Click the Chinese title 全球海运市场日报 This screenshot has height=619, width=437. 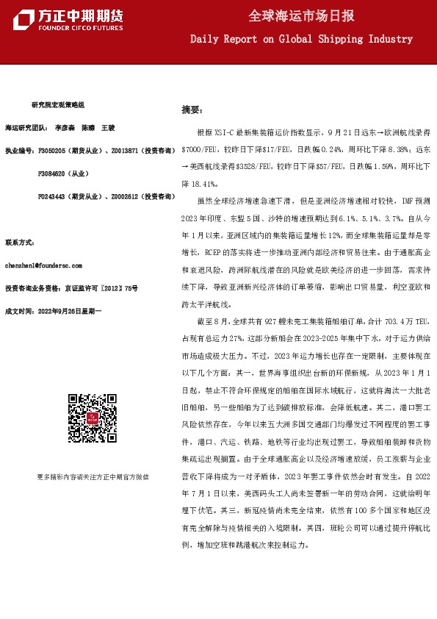point(301,15)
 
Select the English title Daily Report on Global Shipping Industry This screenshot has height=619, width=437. point(301,39)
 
